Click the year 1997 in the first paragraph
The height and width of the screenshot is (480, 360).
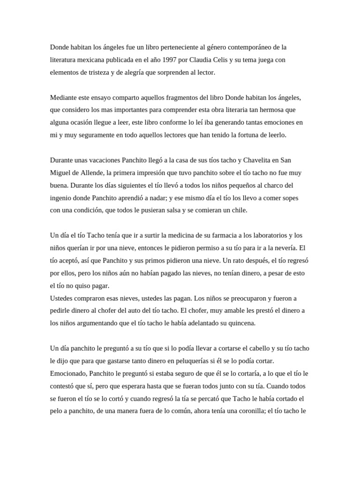coord(167,60)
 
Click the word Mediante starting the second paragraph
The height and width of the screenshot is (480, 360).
coord(64,98)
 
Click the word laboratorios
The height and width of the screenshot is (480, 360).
coord(265,235)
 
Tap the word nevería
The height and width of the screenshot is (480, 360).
coord(284,248)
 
